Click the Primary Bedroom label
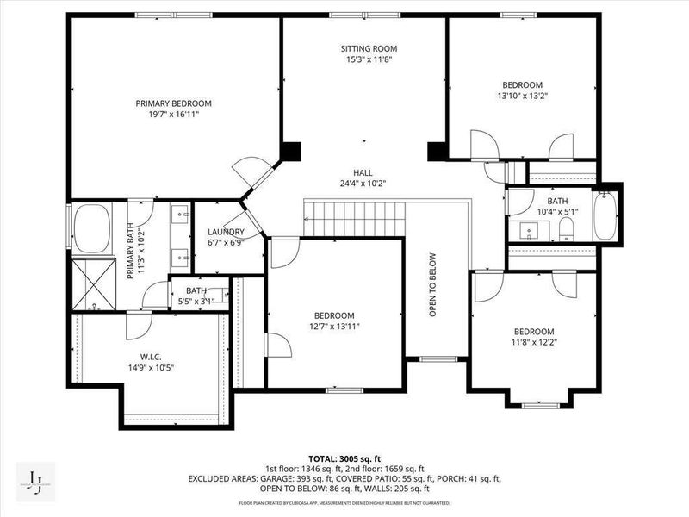[x=173, y=103]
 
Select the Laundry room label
[x=226, y=232]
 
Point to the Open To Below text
[x=434, y=284]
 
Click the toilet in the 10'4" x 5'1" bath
[x=566, y=227]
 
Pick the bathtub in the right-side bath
[x=605, y=215]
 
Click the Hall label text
[x=363, y=171]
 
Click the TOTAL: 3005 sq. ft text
[x=344, y=458]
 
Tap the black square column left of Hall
[x=290, y=151]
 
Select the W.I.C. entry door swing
[x=138, y=326]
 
